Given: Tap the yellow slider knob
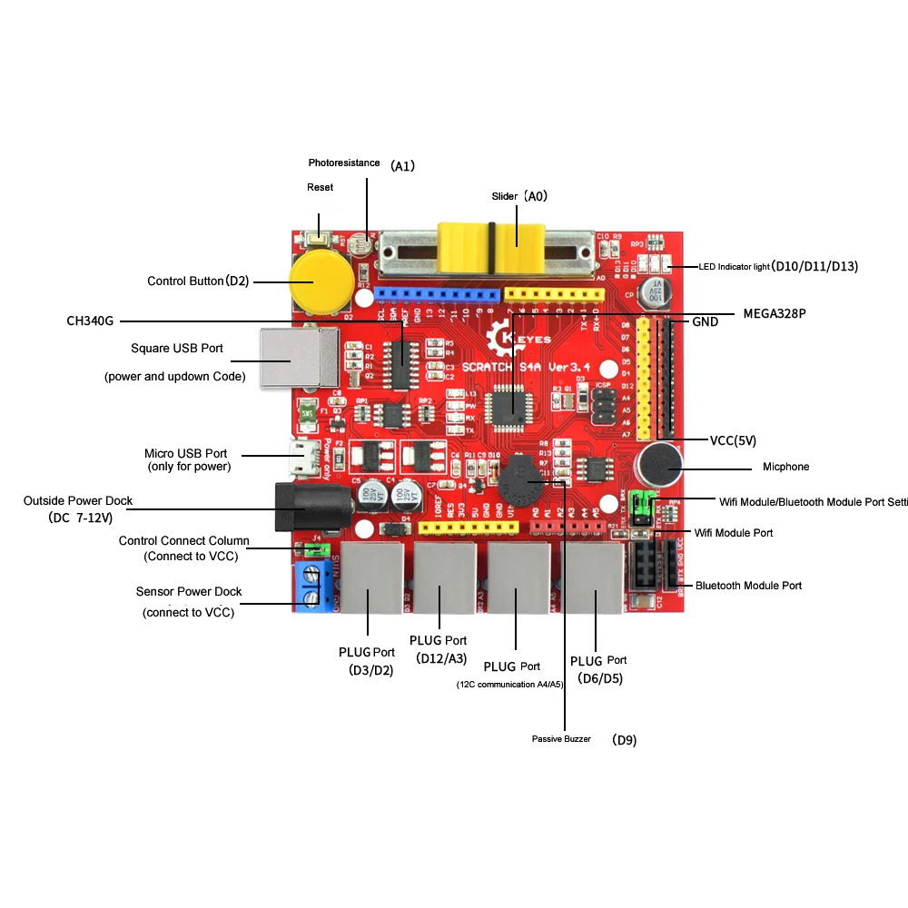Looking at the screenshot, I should point(491,247).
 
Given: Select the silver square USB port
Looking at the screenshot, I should point(286,358).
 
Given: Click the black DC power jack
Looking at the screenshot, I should point(309,508).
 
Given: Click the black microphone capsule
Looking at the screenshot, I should point(658,467).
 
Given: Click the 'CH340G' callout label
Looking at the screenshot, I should point(92,321).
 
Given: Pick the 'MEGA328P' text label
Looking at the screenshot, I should point(775,313).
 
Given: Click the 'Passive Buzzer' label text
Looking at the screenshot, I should point(561,739).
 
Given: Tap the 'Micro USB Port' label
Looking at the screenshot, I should point(185,453).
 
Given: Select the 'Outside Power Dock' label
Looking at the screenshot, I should point(78,500).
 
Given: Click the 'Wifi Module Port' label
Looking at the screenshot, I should point(733,533).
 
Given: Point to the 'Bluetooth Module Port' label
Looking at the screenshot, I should point(748,586).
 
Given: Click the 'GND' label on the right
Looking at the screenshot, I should point(705,321).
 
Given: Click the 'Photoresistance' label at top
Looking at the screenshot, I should point(343,163).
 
